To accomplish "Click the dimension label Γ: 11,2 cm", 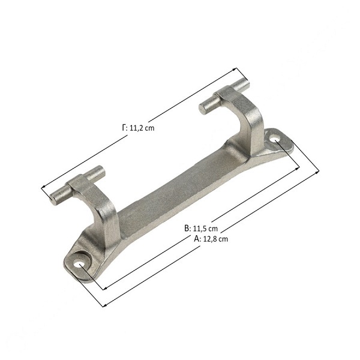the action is coord(138,128).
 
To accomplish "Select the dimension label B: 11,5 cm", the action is coord(201,229).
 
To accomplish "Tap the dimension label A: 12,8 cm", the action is coord(211,239).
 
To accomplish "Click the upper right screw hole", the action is coord(275,139).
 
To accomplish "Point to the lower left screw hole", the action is coord(79,263).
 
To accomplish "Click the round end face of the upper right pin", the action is coord(203,108).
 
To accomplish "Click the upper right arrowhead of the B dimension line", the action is coord(298,169).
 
